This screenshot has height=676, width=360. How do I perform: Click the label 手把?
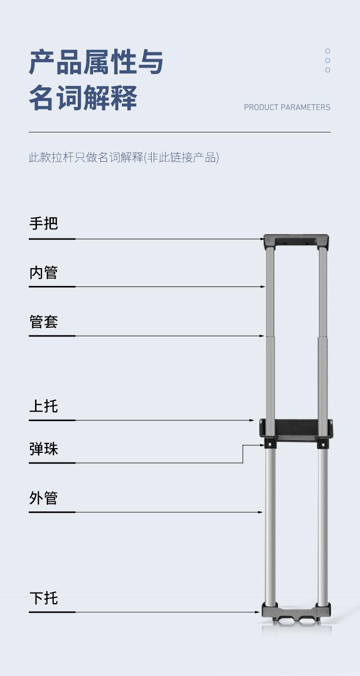tap(44, 224)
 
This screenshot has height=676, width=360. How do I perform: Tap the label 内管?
tap(44, 273)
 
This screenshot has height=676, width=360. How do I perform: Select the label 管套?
tap(44, 321)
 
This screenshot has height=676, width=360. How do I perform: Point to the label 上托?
tap(44, 406)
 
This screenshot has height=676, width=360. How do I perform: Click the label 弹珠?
tap(44, 449)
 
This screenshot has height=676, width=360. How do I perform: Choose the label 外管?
tap(44, 498)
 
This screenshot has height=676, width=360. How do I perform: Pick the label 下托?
tap(44, 598)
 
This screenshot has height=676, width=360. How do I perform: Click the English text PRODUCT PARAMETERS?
tap(287, 107)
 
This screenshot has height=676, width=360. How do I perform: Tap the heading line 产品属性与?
tap(96, 62)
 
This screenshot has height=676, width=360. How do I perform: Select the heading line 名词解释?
tap(83, 98)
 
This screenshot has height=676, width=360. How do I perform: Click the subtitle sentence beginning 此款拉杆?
tap(124, 157)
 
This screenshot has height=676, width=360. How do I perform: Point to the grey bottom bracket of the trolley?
tap(296, 611)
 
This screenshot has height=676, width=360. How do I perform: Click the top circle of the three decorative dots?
tap(328, 51)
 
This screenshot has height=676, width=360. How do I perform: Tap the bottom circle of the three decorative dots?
tap(328, 70)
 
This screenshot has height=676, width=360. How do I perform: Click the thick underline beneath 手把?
tap(52, 238)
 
